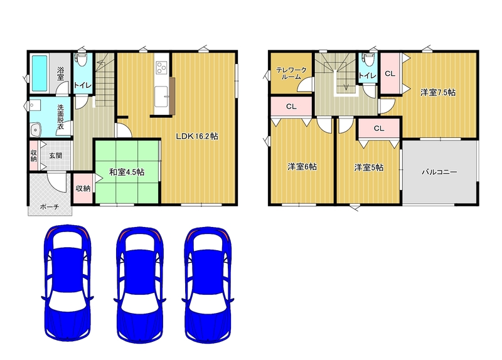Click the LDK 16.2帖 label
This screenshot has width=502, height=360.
pyautogui.click(x=197, y=136)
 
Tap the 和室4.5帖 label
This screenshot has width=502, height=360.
pyautogui.click(x=127, y=172)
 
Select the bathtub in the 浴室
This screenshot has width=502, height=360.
pyautogui.click(x=40, y=73)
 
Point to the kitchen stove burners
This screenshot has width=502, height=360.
pyautogui.click(x=161, y=68)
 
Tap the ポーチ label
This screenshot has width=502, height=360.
pyautogui.click(x=50, y=207)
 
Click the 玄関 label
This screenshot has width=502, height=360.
pyautogui.click(x=55, y=156)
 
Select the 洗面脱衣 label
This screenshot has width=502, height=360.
pyautogui.click(x=60, y=117)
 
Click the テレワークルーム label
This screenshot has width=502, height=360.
pyautogui.click(x=291, y=73)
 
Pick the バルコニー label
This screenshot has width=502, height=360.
pyautogui.click(x=439, y=172)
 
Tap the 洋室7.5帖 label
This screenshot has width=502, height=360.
pyautogui.click(x=438, y=92)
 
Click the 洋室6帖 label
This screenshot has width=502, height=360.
pyautogui.click(x=302, y=167)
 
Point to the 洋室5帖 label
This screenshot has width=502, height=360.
pyautogui.click(x=368, y=167)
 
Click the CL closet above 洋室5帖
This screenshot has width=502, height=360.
pyautogui.click(x=379, y=129)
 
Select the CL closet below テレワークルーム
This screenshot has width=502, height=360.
pyautogui.click(x=291, y=107)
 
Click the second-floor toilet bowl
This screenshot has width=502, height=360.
pyautogui.click(x=366, y=60)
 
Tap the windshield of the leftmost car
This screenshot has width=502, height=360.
pyautogui.click(x=68, y=240)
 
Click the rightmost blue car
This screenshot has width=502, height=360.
pyautogui.click(x=208, y=285)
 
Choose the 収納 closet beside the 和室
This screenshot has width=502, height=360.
pyautogui.click(x=83, y=189)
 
